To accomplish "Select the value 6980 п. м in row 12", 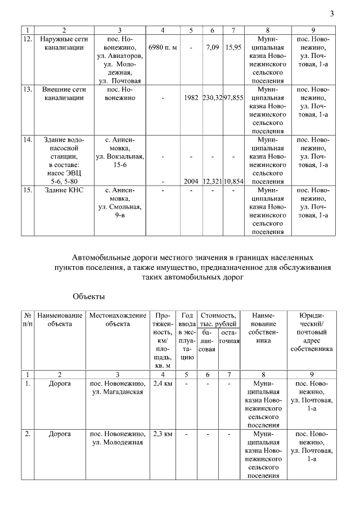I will (x=162, y=48).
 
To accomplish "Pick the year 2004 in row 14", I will (x=191, y=182).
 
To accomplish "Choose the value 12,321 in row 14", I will (x=212, y=182).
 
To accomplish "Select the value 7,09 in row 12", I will (x=212, y=48).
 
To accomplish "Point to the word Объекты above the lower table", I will (x=89, y=295).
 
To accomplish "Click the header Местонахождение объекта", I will (x=118, y=319).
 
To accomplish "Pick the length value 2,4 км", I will (x=162, y=383).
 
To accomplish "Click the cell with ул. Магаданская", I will (x=118, y=391).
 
